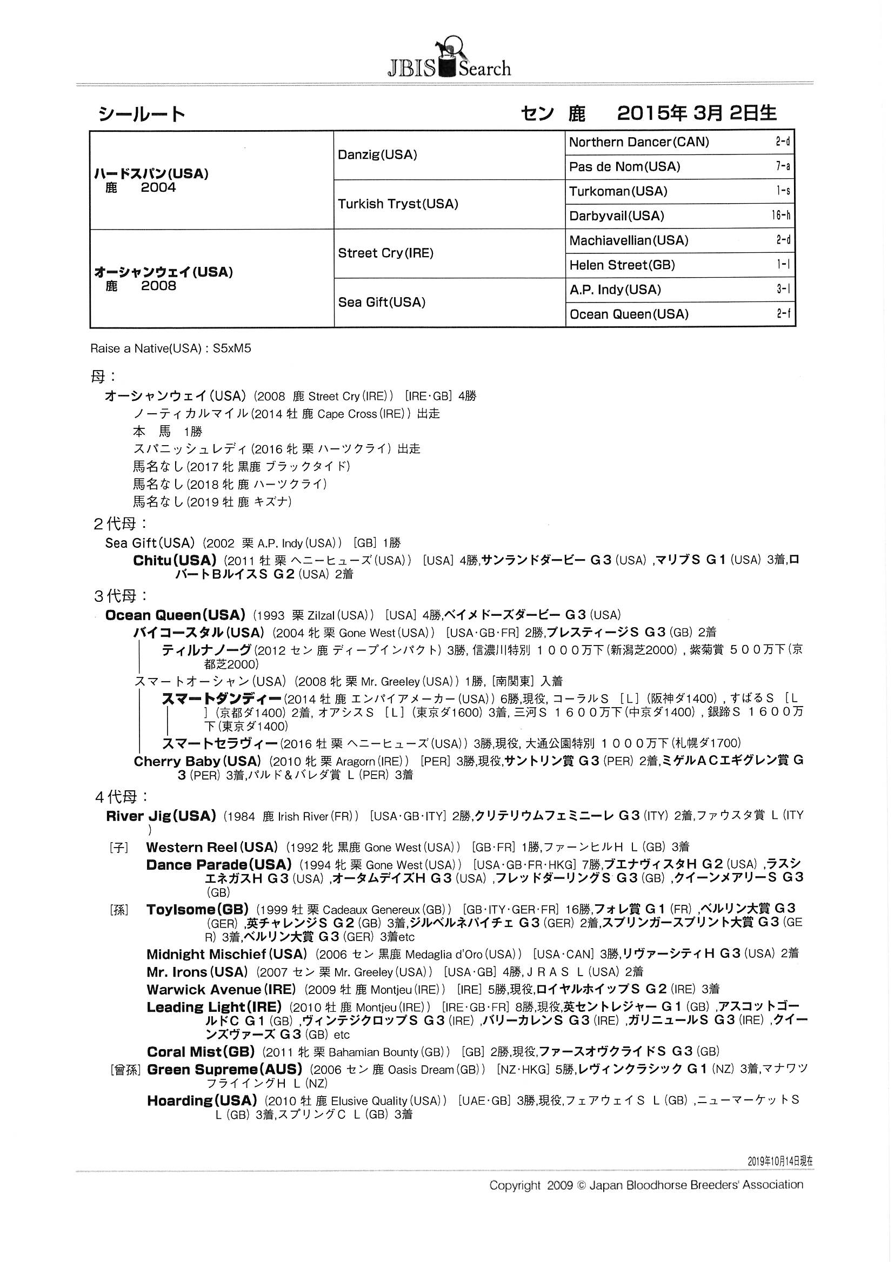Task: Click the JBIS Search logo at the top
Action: (449, 59)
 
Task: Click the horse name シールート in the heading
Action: (142, 114)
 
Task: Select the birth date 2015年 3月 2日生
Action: (696, 113)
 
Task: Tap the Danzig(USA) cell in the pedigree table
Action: (378, 154)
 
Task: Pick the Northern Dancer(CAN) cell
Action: (638, 142)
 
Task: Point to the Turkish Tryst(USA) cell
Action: (398, 204)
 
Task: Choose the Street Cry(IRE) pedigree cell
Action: (385, 253)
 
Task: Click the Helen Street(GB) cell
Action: (622, 265)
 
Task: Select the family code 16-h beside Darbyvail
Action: (780, 215)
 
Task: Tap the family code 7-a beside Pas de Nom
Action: (783, 166)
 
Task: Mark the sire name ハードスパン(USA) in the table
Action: (151, 174)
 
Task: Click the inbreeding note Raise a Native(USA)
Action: (145, 348)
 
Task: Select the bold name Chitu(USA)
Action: (175, 561)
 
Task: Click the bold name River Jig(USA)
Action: (161, 816)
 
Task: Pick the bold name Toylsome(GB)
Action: (197, 909)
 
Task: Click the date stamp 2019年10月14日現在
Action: (779, 1161)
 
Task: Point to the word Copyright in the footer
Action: (515, 1185)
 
